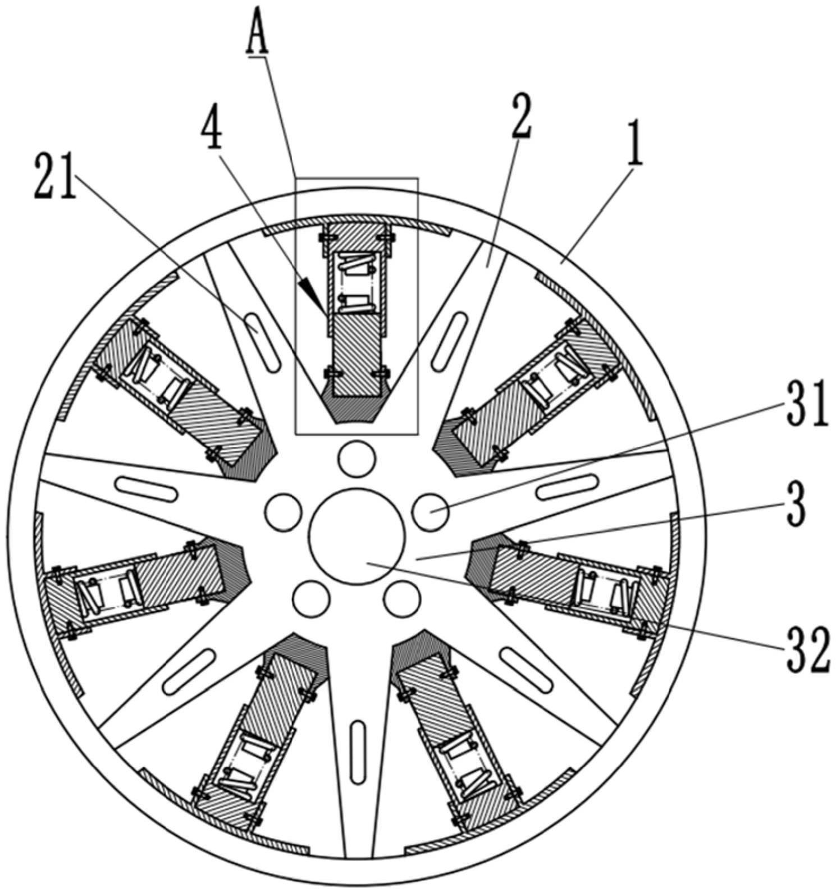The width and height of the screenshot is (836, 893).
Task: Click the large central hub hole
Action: (x=357, y=535)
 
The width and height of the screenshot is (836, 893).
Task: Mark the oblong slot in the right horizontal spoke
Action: (x=568, y=486)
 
